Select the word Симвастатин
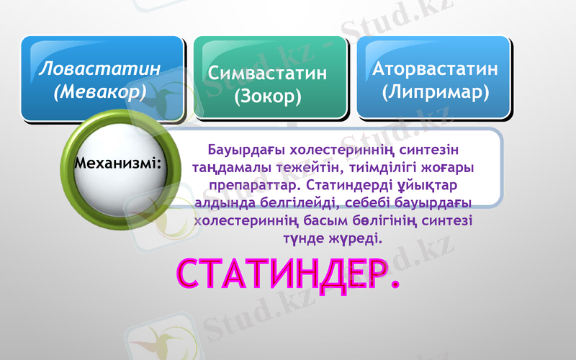[x=267, y=73]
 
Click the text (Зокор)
[x=267, y=96]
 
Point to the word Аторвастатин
[x=435, y=69]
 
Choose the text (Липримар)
[x=436, y=91]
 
